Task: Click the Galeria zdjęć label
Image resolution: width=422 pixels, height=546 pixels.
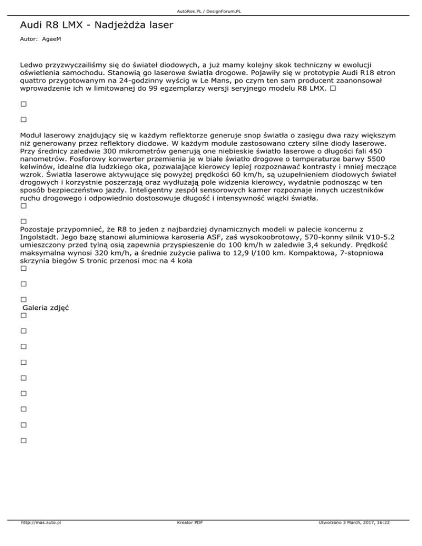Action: point(45,308)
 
